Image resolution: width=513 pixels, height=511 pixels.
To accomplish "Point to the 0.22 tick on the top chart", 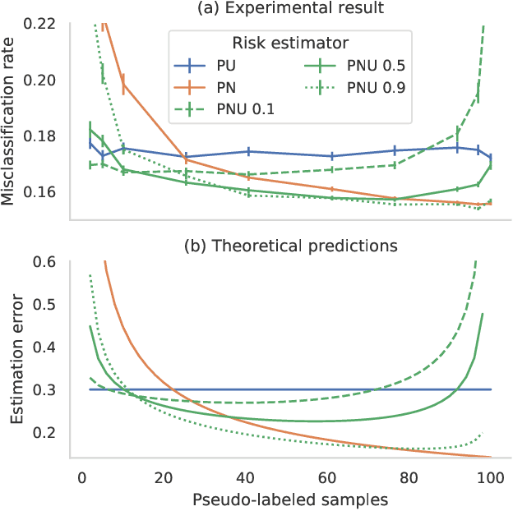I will point(40,24).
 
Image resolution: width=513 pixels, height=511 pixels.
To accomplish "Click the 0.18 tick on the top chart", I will point(40,136).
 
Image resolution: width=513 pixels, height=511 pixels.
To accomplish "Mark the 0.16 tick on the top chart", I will point(40,191).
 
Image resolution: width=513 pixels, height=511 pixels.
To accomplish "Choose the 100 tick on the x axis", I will point(492,476).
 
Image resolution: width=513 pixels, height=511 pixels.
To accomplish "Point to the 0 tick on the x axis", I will point(81,476).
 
